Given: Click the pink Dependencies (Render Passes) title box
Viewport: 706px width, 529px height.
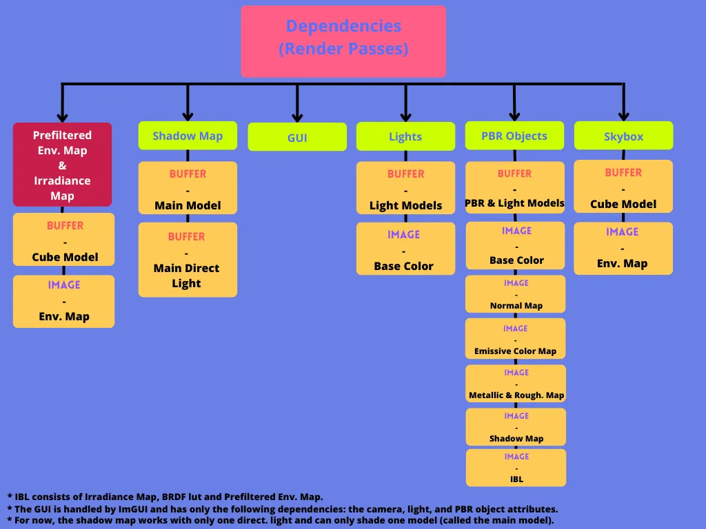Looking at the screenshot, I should coord(343,41).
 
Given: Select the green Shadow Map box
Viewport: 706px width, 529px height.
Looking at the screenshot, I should coord(188,136).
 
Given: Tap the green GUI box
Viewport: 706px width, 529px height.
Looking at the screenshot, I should coord(297,137).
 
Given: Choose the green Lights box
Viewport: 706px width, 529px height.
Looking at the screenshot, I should coord(405,136).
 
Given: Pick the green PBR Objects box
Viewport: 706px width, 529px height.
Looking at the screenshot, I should coord(514,136).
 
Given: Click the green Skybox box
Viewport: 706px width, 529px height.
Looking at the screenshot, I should coord(623,136).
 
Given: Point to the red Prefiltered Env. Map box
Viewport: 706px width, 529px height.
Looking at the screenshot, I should coord(62,165).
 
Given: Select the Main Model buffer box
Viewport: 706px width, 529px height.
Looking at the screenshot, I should coord(188,188).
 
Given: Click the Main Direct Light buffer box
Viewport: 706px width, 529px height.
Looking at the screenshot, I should coord(188,260).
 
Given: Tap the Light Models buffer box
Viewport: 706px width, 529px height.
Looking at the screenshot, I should coord(405,188).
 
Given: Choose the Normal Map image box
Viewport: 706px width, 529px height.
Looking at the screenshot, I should coord(516,294).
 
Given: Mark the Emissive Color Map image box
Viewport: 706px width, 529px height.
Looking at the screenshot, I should coord(516,339).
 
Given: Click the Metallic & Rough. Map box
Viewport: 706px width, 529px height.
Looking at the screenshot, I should coord(516,384).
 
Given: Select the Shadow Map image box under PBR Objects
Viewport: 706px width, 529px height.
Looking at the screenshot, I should coord(516,427).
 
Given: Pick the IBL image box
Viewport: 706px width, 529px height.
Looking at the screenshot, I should coord(516,468).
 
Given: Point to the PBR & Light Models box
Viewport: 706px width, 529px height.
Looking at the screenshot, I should coord(514,187).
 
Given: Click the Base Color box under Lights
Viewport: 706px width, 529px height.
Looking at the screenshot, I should coord(405,249).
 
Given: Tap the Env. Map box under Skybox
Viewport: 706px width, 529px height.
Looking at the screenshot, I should coord(623,248).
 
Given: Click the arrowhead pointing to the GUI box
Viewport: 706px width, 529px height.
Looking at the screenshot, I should coord(297,117).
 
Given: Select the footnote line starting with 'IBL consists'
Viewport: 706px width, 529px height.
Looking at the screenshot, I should coord(165,497).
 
